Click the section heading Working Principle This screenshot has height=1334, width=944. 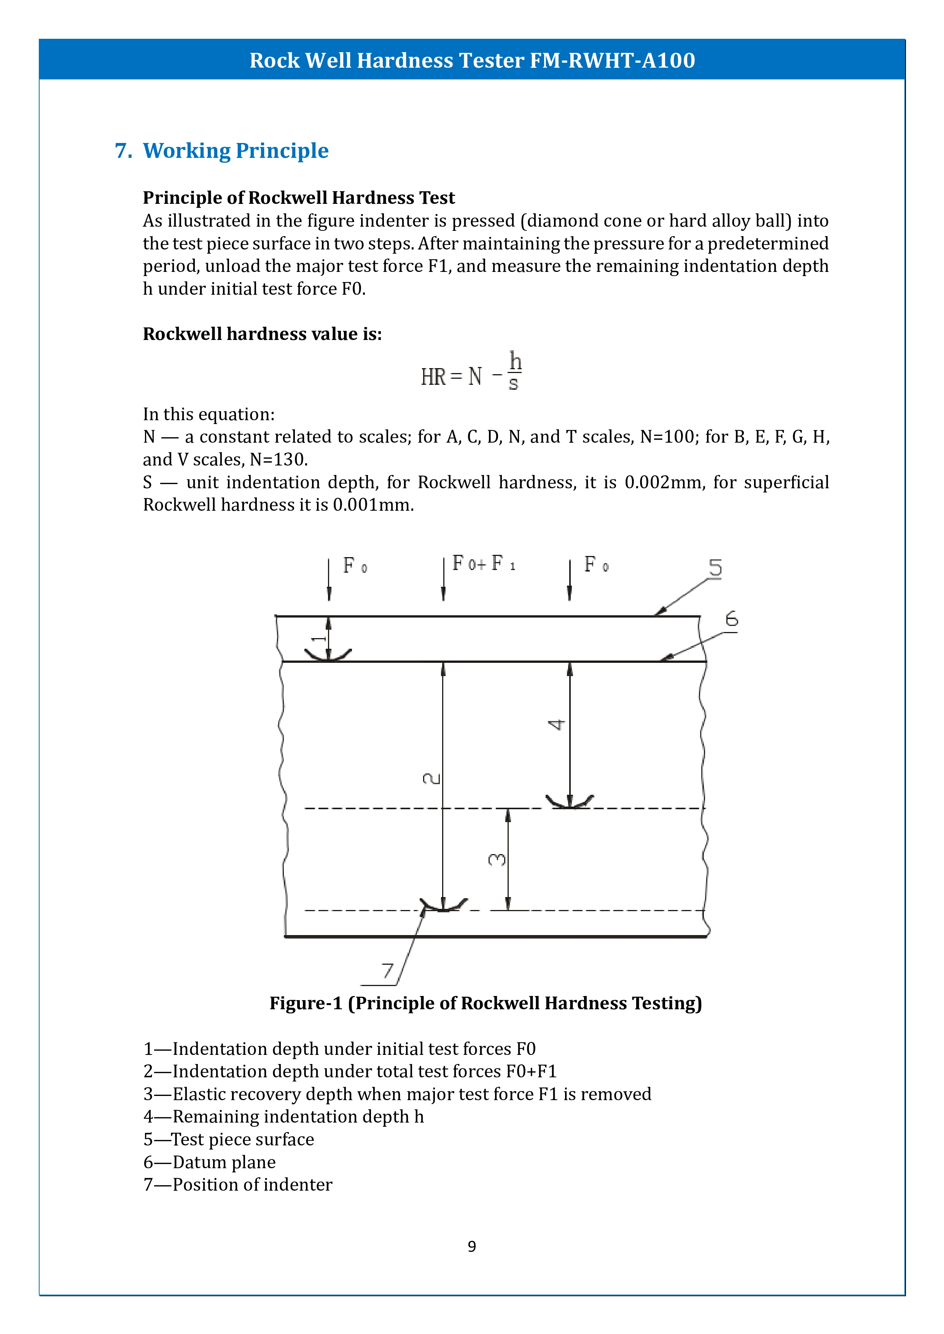(x=236, y=151)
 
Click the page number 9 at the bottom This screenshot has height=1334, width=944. (x=471, y=1246)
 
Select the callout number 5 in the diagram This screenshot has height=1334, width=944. (x=715, y=568)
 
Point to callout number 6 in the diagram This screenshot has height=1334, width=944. (x=731, y=619)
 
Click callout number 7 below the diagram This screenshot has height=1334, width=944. (x=387, y=971)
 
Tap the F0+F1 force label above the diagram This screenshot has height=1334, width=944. (x=483, y=564)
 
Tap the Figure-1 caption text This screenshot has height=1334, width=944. (x=486, y=1004)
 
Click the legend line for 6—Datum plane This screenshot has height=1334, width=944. (x=210, y=1162)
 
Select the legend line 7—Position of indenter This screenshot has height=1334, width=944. (x=238, y=1184)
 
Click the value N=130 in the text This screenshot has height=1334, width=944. (x=278, y=460)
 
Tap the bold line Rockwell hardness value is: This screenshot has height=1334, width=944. (x=262, y=334)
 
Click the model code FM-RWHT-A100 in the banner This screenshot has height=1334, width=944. (x=612, y=60)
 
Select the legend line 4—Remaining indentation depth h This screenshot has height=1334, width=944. (x=284, y=1117)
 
